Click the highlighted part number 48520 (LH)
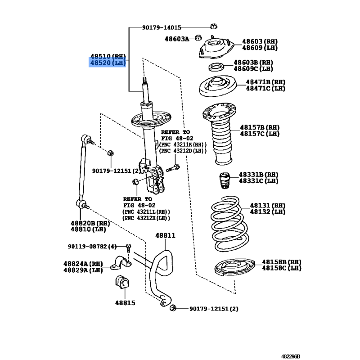[x=108, y=63]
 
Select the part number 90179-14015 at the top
[x=162, y=27]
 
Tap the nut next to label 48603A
[x=198, y=38]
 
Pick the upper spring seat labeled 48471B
[x=217, y=86]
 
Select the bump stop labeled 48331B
[x=225, y=180]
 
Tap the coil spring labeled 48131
[x=229, y=224]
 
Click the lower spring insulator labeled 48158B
[x=234, y=267]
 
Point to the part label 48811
[x=165, y=235]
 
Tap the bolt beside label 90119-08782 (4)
[x=129, y=248]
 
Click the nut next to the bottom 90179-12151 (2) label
[x=173, y=308]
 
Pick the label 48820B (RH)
[x=90, y=223]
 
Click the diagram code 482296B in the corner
[x=290, y=356]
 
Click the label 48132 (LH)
[x=267, y=211]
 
